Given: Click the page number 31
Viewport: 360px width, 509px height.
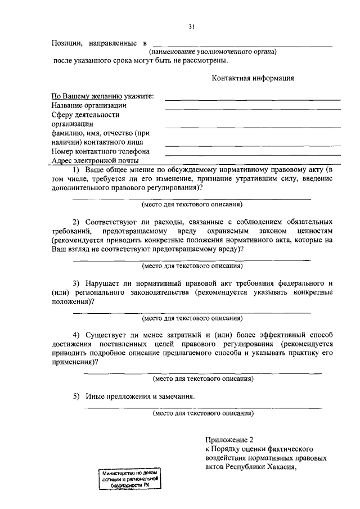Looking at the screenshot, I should pos(192,26).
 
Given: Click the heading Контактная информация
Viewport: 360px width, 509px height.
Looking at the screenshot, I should pos(253,78).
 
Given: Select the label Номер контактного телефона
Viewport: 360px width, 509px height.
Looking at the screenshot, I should pos(100,151).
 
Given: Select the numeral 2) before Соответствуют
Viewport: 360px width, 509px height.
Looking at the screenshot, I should pos(76,222).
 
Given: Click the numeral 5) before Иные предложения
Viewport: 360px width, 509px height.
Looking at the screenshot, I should pos(76,396).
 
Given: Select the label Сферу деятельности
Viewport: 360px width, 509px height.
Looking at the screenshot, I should pos(85,115).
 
